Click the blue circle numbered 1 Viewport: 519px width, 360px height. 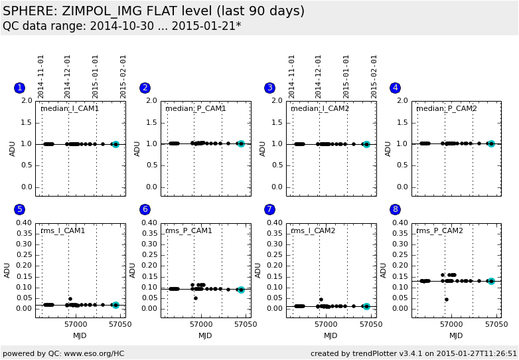pyautogui.click(x=19, y=88)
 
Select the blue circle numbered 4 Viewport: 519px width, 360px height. pyautogui.click(x=396, y=88)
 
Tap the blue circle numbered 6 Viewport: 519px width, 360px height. pyautogui.click(x=145, y=209)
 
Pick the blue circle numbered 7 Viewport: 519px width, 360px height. pyautogui.click(x=269, y=209)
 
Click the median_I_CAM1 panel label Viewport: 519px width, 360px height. pyautogui.click(x=70, y=109)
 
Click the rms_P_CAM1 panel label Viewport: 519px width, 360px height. pyautogui.click(x=189, y=230)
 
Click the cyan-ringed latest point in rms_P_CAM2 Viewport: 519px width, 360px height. pyautogui.click(x=491, y=282)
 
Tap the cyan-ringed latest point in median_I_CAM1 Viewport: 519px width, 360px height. pyautogui.click(x=115, y=144)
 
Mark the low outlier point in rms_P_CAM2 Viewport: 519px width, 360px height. pyautogui.click(x=447, y=300)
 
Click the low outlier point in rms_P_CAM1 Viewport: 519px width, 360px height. pyautogui.click(x=196, y=298)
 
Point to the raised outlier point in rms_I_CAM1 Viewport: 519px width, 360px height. pyautogui.click(x=70, y=299)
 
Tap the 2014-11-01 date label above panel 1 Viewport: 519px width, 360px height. pyautogui.click(x=41, y=76)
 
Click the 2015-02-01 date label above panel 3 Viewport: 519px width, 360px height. pyautogui.click(x=374, y=76)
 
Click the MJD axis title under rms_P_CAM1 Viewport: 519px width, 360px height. pyautogui.click(x=206, y=335)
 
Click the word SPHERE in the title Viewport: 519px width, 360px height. pyautogui.click(x=24, y=11)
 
